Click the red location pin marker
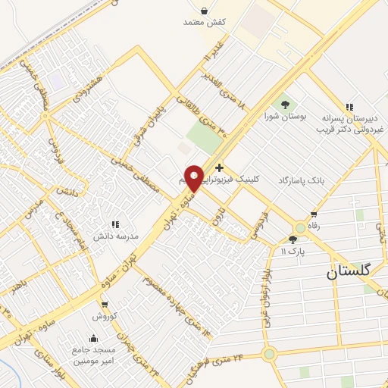[194, 178]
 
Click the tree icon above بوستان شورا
[286, 105]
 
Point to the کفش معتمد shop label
[205, 22]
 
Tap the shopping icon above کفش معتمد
[205, 10]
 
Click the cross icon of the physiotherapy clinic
[219, 167]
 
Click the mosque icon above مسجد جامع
[94, 338]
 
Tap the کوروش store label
[103, 315]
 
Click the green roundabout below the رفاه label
[301, 227]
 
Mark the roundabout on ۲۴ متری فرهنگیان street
[269, 354]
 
